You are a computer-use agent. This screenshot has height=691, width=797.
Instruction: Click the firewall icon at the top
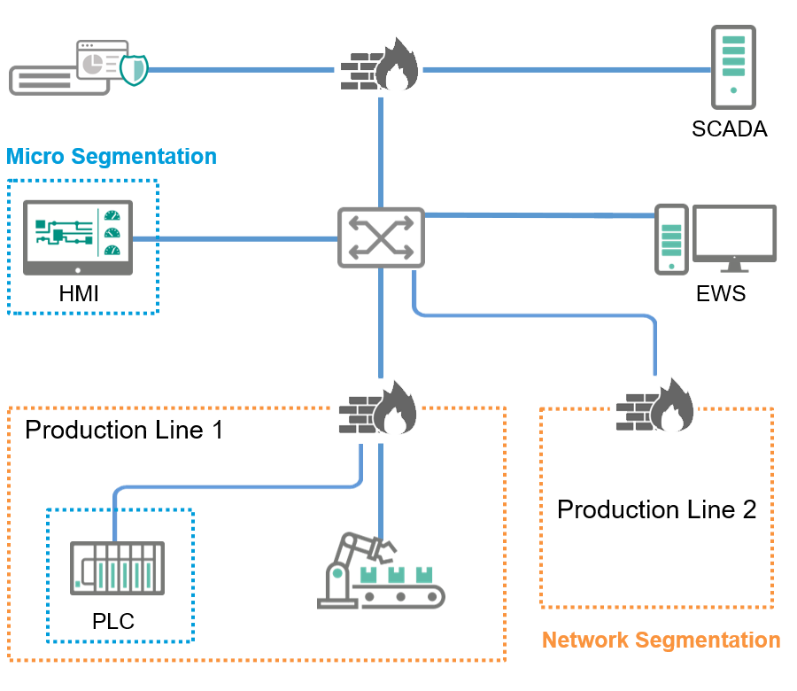coord(378,65)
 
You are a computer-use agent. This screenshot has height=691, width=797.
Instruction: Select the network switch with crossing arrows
coord(381,237)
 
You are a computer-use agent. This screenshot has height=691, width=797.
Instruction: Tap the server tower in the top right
coord(733,67)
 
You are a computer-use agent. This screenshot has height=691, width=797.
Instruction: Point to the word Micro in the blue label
coord(36,157)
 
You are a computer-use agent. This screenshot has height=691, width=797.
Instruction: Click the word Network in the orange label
coord(585,640)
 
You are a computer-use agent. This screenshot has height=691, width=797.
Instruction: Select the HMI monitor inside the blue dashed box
coord(78,237)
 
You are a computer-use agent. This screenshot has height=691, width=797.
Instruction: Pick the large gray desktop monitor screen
coord(733,233)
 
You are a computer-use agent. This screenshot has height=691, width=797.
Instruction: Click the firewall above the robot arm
coord(376,408)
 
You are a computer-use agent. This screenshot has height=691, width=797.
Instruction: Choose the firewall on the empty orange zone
coord(654,405)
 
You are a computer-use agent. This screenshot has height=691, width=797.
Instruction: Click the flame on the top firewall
coord(396,67)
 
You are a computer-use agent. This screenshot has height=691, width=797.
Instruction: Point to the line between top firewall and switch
coord(381,151)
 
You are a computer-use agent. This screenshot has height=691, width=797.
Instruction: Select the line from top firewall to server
coord(567,68)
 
